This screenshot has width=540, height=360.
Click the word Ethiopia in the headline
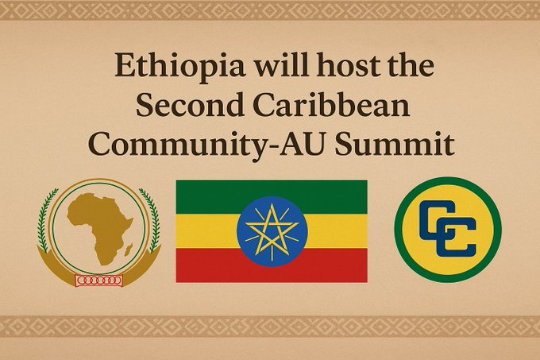180,66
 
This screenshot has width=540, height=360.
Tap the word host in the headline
348,64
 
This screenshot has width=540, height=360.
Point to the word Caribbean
331,104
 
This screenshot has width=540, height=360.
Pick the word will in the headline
281,64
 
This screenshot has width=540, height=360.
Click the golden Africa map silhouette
100,227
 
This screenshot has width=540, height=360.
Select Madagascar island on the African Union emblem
129,250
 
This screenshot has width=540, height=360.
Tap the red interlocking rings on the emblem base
99,281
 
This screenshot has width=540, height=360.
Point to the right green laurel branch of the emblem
152,220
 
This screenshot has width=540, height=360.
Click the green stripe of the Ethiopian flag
206,197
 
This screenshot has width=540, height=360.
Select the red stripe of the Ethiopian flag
206,265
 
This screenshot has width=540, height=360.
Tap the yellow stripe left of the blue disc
206,231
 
